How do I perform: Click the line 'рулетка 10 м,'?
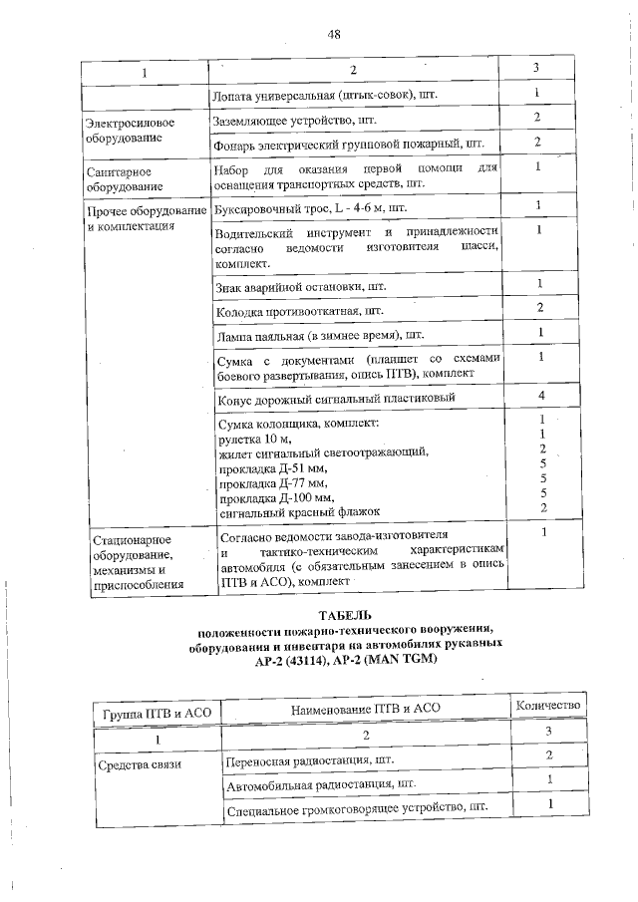pos(254,440)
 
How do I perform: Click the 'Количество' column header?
pos(547,706)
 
